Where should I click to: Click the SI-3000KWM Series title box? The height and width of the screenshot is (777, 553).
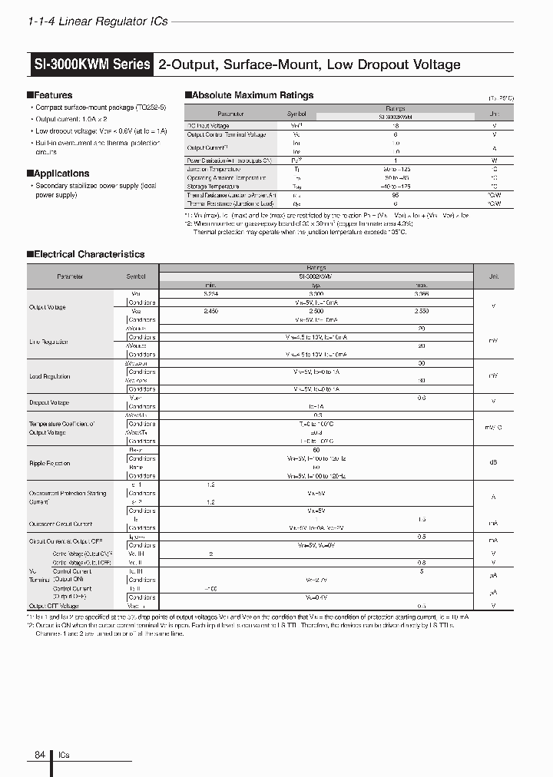pos(91,64)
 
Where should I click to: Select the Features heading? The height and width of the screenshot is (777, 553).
pos(52,96)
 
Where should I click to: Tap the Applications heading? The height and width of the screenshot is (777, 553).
pos(61,174)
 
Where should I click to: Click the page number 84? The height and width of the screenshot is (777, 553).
pos(40,755)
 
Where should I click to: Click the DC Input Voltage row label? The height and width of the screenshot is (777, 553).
pos(208,126)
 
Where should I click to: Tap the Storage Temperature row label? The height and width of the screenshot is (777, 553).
pos(213,187)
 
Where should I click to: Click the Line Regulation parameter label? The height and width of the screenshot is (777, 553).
pos(49,342)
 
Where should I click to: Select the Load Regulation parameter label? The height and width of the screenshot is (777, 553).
pos(50,376)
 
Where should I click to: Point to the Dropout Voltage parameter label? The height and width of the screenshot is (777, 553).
pos(49,402)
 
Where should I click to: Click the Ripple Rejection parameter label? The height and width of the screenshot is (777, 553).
pos(50,463)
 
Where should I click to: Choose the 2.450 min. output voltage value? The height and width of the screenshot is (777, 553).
pos(210,312)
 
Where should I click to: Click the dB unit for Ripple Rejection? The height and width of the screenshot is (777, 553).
pos(493,463)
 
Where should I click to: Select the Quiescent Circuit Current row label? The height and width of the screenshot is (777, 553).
pos(61,524)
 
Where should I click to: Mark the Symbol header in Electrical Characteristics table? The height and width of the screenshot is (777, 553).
pos(135,276)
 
